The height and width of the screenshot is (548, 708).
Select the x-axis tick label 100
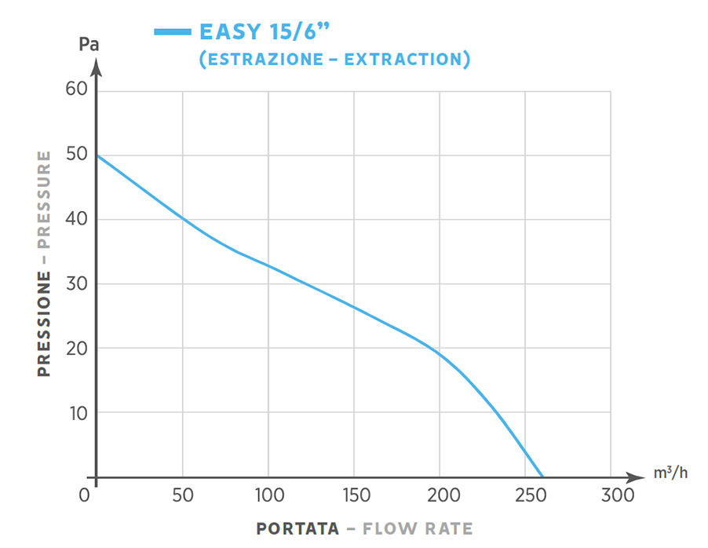tap(268, 496)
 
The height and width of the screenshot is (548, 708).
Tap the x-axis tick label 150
tap(353, 496)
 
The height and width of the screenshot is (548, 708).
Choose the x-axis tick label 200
tap(439, 496)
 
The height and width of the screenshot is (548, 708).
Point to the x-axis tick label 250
tap(524, 496)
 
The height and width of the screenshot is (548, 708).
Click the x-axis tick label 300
tap(611, 496)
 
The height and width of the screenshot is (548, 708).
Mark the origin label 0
tap(86, 496)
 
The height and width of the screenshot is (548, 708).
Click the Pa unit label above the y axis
tap(89, 44)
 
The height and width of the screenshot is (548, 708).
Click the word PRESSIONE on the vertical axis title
tap(44, 323)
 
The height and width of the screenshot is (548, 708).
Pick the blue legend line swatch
tap(173, 32)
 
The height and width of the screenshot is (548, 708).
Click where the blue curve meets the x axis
tap(541, 477)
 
